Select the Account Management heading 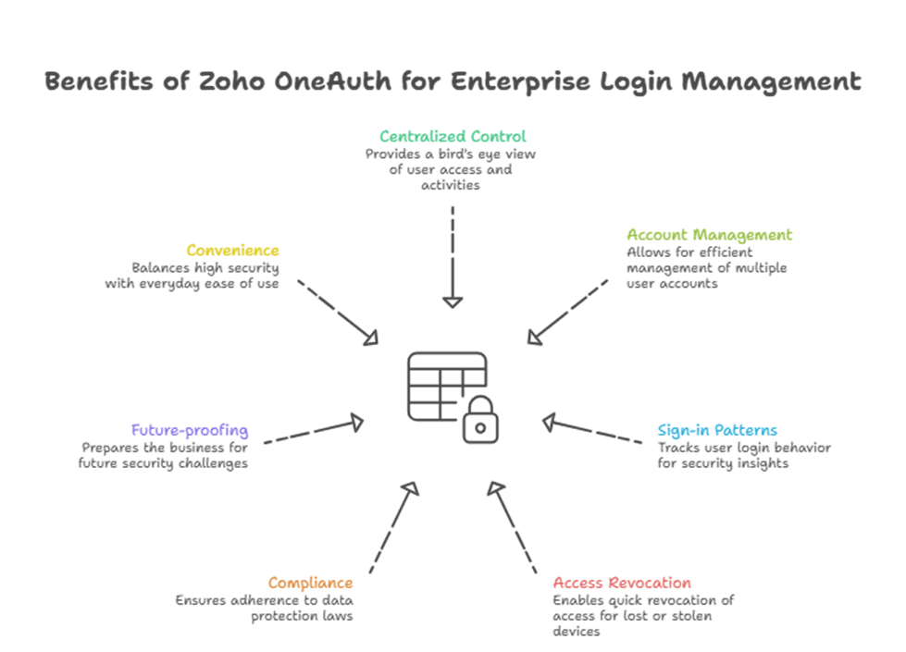[709, 235]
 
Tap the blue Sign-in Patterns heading [716, 430]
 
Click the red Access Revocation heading [621, 583]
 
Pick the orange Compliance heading [310, 583]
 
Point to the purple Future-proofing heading [189, 430]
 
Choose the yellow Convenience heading [232, 251]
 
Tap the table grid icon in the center [440, 384]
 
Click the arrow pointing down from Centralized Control [452, 259]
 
